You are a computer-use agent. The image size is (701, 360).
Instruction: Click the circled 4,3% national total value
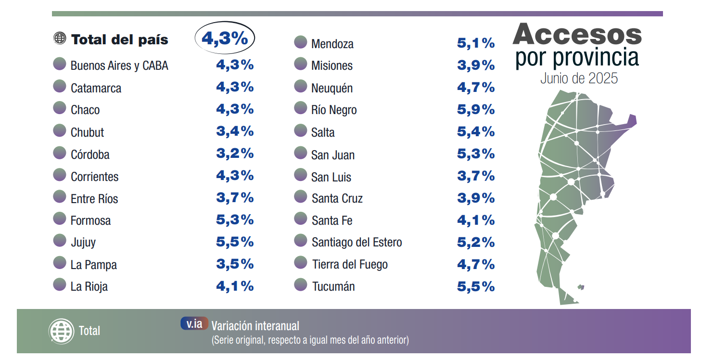click(225, 39)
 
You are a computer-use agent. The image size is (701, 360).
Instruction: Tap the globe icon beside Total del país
click(60, 39)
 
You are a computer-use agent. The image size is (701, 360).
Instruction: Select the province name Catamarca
click(96, 88)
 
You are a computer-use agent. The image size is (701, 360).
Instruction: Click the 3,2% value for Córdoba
click(235, 154)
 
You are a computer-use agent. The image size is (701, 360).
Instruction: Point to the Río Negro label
click(334, 110)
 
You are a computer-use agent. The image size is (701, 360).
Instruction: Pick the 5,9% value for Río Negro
click(476, 110)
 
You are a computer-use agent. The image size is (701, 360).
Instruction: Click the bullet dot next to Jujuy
click(60, 241)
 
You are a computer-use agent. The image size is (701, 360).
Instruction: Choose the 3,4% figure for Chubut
click(235, 131)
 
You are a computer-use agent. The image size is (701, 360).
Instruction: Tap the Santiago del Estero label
click(357, 243)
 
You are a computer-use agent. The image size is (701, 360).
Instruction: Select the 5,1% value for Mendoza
click(476, 43)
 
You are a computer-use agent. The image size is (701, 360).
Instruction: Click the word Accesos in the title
click(577, 35)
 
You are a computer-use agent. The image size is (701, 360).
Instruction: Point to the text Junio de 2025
click(579, 78)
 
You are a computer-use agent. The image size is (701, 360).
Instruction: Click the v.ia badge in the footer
click(194, 324)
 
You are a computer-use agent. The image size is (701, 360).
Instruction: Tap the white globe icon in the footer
click(61, 331)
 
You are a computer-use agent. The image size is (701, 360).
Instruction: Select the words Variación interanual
click(255, 326)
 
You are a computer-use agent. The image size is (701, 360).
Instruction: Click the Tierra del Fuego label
click(350, 265)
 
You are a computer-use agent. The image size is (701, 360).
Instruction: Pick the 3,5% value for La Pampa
click(235, 264)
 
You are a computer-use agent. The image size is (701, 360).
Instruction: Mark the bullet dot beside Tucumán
click(300, 285)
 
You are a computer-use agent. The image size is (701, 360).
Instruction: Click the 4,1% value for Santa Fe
click(476, 220)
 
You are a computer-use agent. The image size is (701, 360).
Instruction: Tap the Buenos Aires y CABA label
click(119, 66)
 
